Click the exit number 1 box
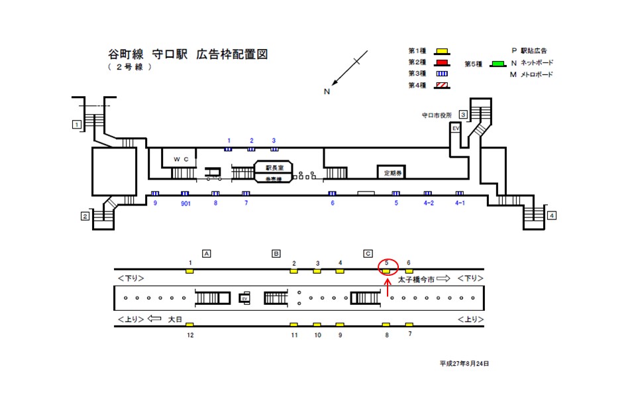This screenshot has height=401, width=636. [77, 124]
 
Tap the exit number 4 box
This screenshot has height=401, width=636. [552, 215]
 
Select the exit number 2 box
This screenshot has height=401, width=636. [85, 216]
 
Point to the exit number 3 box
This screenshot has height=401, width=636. [464, 115]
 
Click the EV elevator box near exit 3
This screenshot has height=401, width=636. [456, 128]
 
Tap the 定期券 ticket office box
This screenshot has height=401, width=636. [392, 172]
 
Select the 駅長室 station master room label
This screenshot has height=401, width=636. [274, 168]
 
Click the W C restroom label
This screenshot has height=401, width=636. [181, 160]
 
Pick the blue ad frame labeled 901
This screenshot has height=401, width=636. [185, 194]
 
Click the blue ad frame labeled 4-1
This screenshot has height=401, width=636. [459, 194]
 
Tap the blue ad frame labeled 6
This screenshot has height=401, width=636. [333, 194]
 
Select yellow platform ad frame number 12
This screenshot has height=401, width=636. [189, 325]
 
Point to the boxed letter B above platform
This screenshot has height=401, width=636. [276, 253]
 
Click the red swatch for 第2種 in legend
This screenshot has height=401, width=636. [442, 63]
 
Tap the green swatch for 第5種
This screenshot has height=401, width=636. [497, 64]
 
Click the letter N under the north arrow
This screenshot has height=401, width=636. [327, 92]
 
